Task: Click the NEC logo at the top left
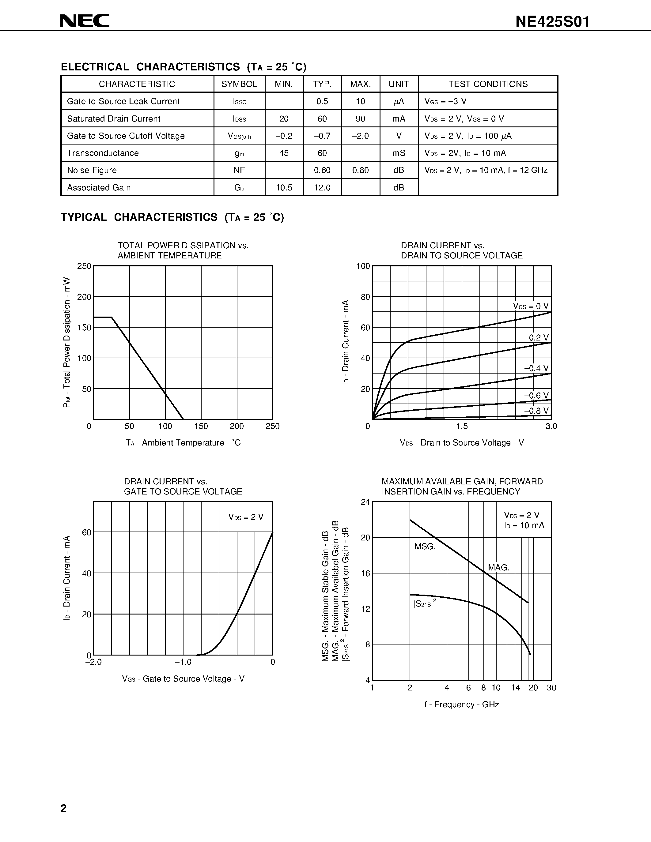point(85,21)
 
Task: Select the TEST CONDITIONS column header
point(488,84)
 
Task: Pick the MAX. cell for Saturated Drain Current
point(360,119)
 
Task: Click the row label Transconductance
point(103,153)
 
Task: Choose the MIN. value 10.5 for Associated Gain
point(284,188)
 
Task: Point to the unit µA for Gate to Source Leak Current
point(399,101)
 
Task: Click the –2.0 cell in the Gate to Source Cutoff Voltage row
point(360,136)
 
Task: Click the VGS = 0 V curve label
point(531,306)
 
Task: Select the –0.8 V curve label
point(536,411)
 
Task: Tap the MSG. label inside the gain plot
point(425,547)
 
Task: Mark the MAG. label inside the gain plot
point(498,567)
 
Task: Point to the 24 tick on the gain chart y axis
point(365,502)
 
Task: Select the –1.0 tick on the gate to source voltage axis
point(183,662)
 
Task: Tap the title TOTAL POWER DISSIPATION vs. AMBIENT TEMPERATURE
point(183,250)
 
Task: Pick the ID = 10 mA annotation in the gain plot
point(524,525)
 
